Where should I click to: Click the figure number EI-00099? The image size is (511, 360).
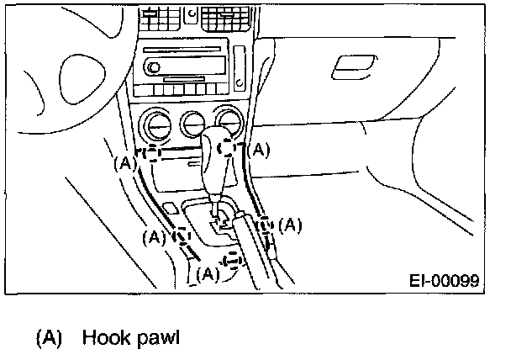point(445,281)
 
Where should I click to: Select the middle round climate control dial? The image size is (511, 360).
point(192,123)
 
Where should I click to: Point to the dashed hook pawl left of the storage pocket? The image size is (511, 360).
point(150,154)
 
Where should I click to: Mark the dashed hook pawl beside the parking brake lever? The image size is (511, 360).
point(266,225)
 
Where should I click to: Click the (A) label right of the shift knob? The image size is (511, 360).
point(261,150)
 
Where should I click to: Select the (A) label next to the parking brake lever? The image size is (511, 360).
point(289,225)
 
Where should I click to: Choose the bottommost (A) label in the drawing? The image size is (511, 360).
point(207,273)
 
